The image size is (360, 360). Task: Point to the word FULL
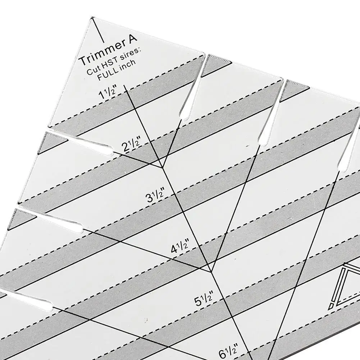pyautogui.click(x=108, y=73)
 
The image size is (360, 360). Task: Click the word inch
pyautogui.click(x=127, y=64)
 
